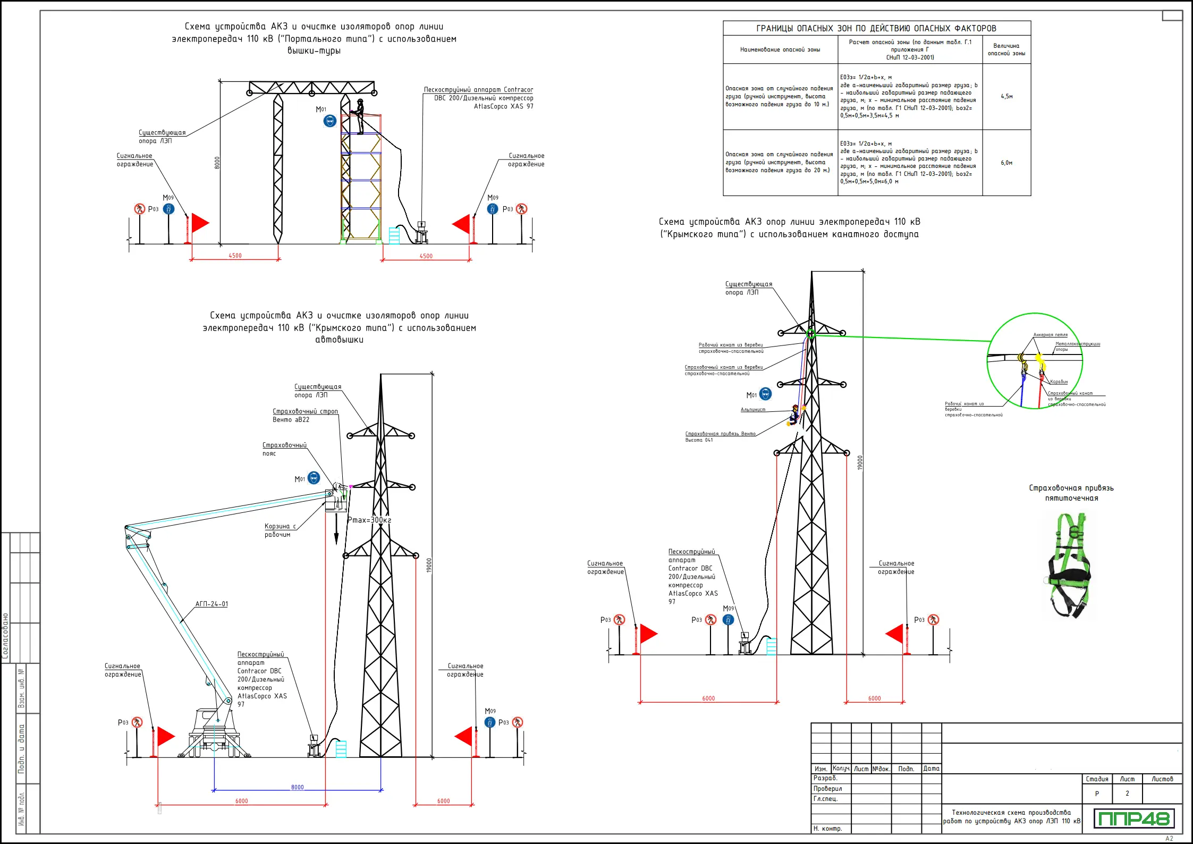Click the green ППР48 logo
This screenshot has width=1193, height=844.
tap(1133, 818)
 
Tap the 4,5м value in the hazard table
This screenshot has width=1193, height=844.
tap(1006, 97)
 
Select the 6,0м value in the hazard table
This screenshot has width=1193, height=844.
tap(1006, 163)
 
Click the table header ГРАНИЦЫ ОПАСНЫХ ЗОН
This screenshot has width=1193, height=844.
tap(876, 28)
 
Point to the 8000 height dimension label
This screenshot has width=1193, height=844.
tap(217, 163)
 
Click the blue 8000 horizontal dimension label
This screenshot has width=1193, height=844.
tap(298, 787)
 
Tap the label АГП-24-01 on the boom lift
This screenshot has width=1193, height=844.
tap(211, 604)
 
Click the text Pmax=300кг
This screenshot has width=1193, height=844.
tap(369, 520)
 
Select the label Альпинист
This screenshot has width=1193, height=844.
tap(753, 410)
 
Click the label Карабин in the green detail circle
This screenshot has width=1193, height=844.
tap(1059, 382)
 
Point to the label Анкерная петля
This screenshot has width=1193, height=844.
tap(1050, 335)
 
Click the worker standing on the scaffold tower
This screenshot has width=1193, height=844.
tap(360, 116)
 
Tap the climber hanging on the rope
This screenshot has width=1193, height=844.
tap(794, 415)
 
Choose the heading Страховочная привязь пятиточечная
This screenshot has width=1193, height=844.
tap(1071, 493)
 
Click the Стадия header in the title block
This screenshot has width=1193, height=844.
tap(1097, 779)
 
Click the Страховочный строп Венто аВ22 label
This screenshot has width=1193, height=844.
tap(305, 415)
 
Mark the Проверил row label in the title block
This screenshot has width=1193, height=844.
tap(827, 789)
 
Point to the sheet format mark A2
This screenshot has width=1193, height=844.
tap(1169, 839)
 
